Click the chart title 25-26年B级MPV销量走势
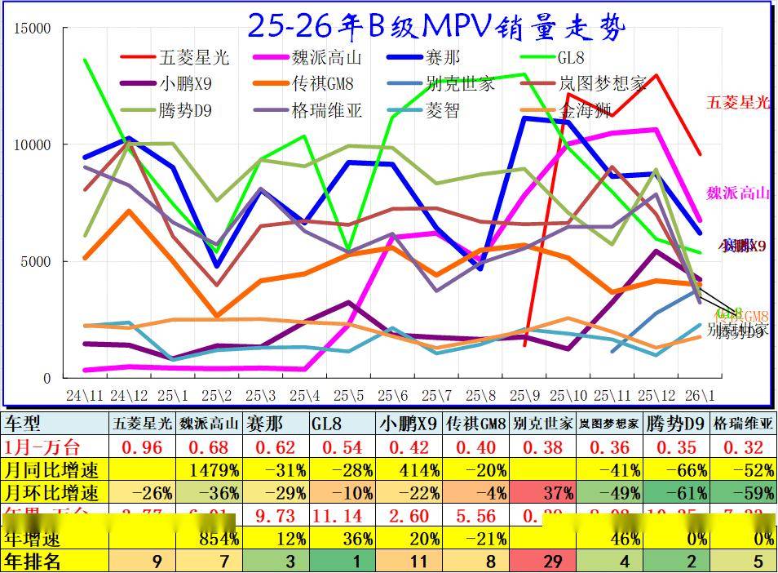435,26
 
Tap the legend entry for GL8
570,58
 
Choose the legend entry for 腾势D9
186,110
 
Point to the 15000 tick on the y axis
33,29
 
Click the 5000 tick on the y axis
37,262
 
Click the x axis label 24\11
84,396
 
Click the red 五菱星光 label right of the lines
738,102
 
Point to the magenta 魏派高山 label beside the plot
738,193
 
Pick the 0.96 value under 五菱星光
142,447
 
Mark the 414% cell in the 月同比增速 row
413,470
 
